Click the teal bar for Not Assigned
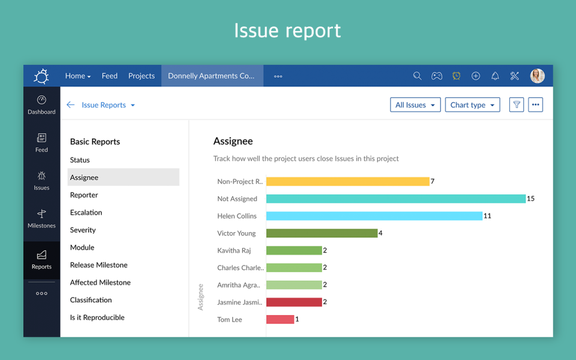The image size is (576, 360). click(x=395, y=199)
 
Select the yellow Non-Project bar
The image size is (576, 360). click(x=347, y=181)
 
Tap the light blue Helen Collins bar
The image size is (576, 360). click(x=374, y=216)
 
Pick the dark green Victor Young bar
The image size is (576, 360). click(x=322, y=233)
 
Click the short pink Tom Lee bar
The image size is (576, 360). click(x=280, y=320)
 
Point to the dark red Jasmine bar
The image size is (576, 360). click(x=294, y=302)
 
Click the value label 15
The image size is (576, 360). click(x=530, y=199)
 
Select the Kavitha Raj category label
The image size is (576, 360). click(x=234, y=250)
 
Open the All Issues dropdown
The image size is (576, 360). click(x=415, y=105)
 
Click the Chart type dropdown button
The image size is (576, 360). click(x=472, y=105)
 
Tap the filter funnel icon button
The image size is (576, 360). click(x=516, y=105)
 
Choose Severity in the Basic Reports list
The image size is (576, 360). click(x=83, y=230)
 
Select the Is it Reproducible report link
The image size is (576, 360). click(x=97, y=317)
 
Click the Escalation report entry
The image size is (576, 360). click(x=86, y=212)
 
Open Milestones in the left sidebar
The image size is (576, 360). click(x=41, y=218)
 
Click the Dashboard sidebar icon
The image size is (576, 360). click(x=41, y=104)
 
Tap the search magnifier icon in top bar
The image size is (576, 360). click(x=417, y=76)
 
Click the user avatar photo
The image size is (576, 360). click(x=537, y=76)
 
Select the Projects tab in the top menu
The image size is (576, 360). click(x=142, y=76)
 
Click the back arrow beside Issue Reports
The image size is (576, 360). click(x=70, y=105)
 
